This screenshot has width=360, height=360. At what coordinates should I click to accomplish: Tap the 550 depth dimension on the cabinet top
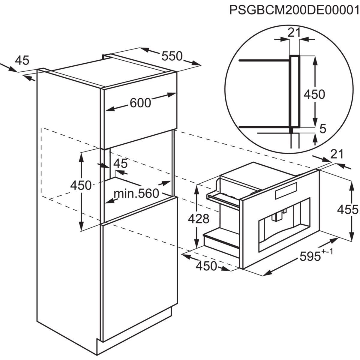click(172, 56)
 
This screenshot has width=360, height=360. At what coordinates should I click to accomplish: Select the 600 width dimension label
click(140, 103)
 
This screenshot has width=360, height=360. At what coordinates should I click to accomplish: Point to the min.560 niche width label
click(136, 193)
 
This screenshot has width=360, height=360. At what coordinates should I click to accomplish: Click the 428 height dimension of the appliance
click(198, 219)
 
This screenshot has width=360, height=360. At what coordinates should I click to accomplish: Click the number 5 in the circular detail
click(323, 128)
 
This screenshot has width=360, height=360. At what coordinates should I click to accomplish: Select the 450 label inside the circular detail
click(314, 94)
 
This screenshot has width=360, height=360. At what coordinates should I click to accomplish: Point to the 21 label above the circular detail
click(294, 32)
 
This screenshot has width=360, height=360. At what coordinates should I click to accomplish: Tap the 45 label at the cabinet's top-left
click(22, 60)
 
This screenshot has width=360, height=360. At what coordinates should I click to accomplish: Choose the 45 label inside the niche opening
click(121, 164)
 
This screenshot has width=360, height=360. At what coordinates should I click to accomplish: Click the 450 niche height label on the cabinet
click(81, 186)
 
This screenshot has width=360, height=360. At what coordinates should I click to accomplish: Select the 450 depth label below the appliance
click(206, 266)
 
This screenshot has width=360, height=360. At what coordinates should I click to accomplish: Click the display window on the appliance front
click(286, 191)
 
